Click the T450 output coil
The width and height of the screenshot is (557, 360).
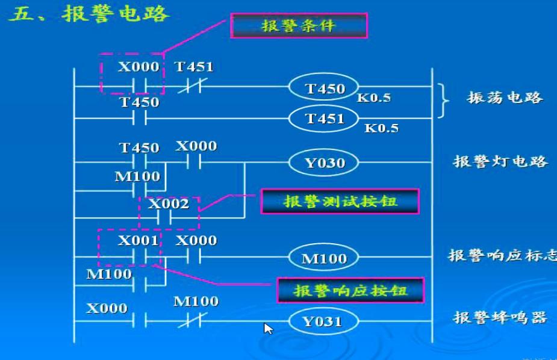[x=325, y=89]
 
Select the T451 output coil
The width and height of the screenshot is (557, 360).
[x=325, y=119]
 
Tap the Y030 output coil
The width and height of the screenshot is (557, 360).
[x=325, y=163]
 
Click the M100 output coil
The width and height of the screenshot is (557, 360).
[x=324, y=258]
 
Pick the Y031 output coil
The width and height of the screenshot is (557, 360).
[x=322, y=321]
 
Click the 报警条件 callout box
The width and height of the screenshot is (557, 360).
[x=299, y=26]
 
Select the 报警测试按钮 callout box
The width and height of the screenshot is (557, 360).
[x=340, y=202]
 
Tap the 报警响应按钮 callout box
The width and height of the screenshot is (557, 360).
[x=350, y=291]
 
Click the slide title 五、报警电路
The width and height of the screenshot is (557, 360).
[x=89, y=13]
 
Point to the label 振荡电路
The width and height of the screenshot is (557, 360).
[x=505, y=98]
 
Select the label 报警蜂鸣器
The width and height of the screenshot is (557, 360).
[x=500, y=317]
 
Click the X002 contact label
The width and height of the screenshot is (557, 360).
[x=169, y=203]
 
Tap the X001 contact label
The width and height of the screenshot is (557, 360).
[x=138, y=241]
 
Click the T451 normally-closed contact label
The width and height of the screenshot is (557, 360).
[x=194, y=67]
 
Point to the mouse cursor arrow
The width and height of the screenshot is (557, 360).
[x=268, y=328]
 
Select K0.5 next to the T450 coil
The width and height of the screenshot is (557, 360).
[x=374, y=98]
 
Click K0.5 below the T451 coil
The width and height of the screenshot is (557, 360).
[x=381, y=128]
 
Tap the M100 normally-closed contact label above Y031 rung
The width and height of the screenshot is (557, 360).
[x=196, y=301]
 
